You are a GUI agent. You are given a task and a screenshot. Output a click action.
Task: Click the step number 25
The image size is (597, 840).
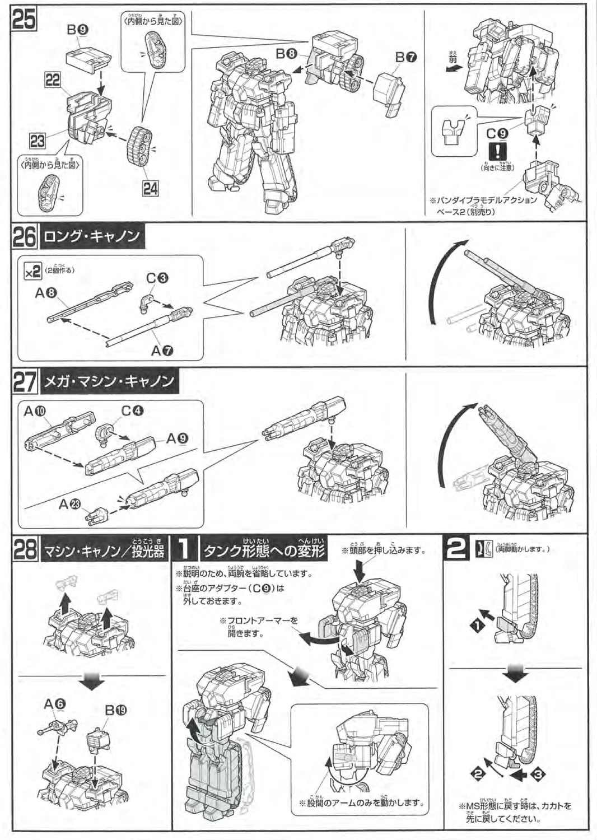click(24, 20)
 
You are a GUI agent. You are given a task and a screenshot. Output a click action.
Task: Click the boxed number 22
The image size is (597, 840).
click(53, 80)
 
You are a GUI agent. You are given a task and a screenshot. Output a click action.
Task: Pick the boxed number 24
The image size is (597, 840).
click(150, 189)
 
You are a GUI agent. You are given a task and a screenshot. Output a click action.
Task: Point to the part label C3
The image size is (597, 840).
click(157, 278)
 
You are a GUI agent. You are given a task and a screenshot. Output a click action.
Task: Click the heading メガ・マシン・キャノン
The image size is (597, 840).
click(109, 382)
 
